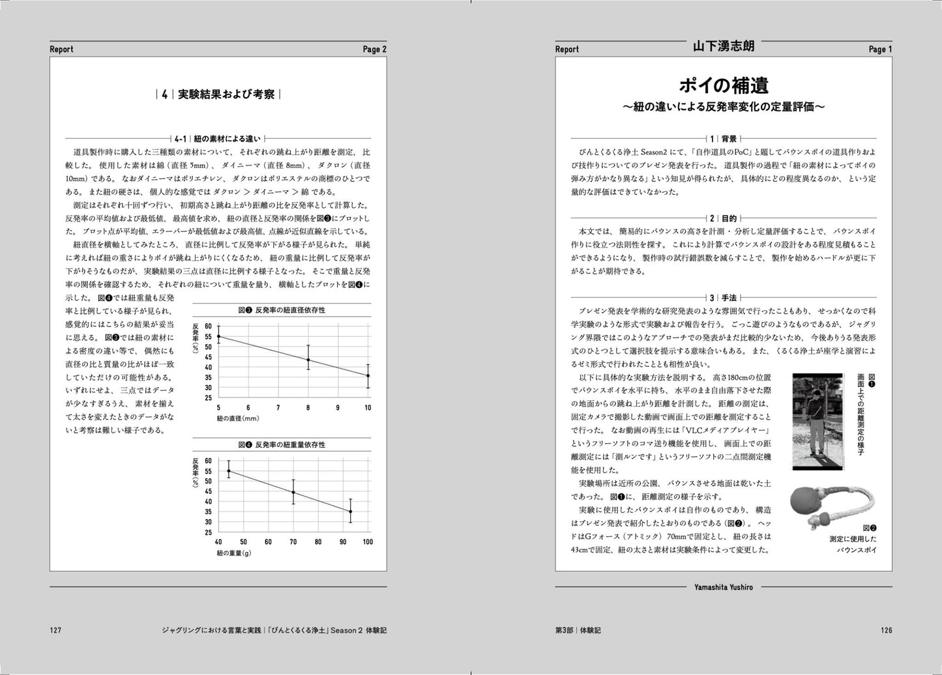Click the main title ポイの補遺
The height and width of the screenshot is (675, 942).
pyautogui.click(x=724, y=85)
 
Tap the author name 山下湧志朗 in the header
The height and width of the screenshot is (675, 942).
pyautogui.click(x=724, y=47)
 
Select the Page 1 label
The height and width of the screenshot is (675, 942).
pyautogui.click(x=880, y=50)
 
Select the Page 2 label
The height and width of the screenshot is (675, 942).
pyautogui.click(x=375, y=50)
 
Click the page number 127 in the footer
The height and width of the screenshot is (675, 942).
pyautogui.click(x=55, y=630)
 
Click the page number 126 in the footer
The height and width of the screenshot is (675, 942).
pyautogui.click(x=886, y=630)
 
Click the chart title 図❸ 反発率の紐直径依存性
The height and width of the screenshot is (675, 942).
pyautogui.click(x=281, y=309)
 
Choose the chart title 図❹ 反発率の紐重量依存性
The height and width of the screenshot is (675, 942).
pyautogui.click(x=281, y=444)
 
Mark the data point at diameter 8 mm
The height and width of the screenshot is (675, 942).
pyautogui.click(x=308, y=360)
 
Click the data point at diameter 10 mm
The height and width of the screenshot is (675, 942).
pyautogui.click(x=368, y=375)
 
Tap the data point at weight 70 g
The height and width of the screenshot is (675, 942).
pyautogui.click(x=293, y=493)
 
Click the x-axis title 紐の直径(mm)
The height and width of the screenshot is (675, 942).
pyautogui.click(x=238, y=419)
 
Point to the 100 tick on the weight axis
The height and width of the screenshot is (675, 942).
pyautogui.click(x=368, y=542)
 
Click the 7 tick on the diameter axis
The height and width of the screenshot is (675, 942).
pyautogui.click(x=278, y=408)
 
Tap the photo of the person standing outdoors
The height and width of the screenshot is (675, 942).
pyautogui.click(x=819, y=422)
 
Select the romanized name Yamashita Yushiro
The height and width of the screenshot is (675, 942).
pyautogui.click(x=724, y=587)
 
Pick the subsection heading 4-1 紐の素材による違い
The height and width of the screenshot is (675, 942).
pyautogui.click(x=218, y=138)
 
